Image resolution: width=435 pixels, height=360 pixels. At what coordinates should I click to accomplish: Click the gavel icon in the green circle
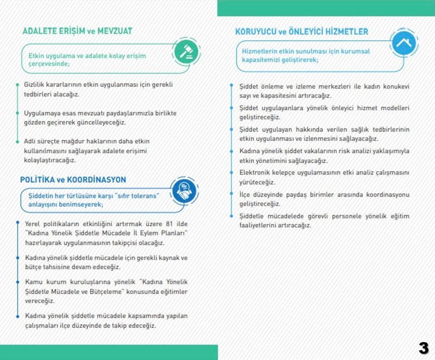[x=185, y=52]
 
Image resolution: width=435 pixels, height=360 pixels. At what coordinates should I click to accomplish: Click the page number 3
[x=423, y=348]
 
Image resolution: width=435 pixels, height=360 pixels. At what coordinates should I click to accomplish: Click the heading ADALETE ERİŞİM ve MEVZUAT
[x=77, y=31]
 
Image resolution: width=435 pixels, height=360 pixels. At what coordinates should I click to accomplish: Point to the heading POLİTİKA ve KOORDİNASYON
[x=73, y=180]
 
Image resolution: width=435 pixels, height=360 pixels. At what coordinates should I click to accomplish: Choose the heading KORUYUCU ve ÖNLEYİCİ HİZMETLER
[x=302, y=32]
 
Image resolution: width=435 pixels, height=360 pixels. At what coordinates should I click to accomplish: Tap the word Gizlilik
[x=34, y=85]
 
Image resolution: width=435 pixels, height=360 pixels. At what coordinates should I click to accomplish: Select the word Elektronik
[x=255, y=172]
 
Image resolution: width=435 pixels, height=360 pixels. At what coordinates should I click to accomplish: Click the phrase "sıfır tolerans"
[x=135, y=195]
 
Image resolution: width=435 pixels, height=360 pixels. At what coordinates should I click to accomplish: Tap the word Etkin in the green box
[x=36, y=55]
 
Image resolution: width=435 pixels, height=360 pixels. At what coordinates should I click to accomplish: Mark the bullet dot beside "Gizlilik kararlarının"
[x=17, y=85]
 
